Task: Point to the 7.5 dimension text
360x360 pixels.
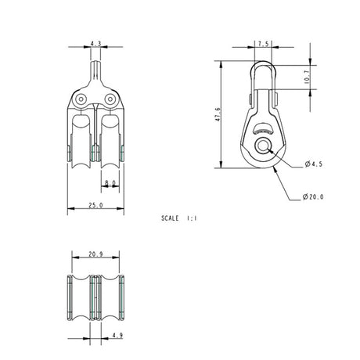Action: coord(261,45)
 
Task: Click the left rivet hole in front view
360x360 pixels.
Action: coord(81,99)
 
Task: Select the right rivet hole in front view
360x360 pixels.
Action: coord(110,99)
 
